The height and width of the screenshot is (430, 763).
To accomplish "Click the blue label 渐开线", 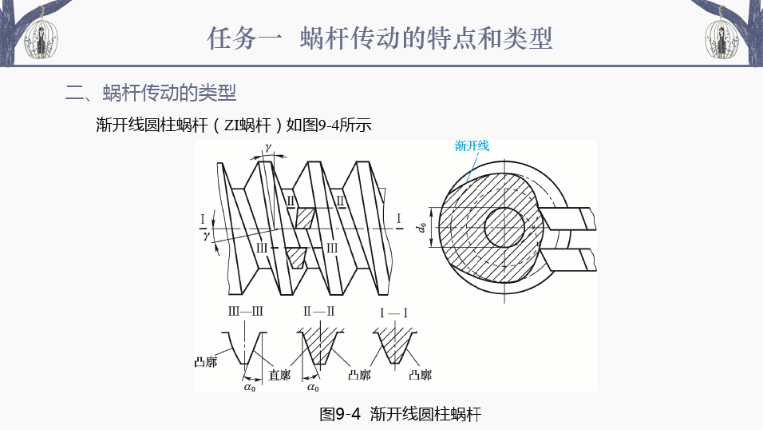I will [472, 145].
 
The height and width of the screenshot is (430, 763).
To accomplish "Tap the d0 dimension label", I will [421, 227].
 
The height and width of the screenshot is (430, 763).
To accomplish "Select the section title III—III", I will [246, 312].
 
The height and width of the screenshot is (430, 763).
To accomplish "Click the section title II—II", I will [318, 312].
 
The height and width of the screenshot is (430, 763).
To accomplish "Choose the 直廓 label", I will [279, 374].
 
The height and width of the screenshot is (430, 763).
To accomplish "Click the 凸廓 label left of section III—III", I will [206, 362].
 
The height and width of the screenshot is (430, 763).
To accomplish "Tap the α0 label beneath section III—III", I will [249, 388].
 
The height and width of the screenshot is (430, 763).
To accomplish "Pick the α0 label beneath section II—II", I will [312, 388].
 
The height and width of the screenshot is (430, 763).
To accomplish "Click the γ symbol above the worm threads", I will [269, 148].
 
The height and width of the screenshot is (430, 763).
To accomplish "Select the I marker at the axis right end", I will [398, 218].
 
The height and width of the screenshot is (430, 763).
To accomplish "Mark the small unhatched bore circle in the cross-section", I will [504, 227].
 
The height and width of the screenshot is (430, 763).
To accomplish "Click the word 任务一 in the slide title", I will [243, 38].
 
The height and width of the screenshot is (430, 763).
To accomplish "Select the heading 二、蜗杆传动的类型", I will [151, 94].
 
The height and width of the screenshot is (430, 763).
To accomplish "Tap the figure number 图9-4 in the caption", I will [340, 414].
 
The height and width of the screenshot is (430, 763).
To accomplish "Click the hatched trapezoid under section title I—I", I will [393, 346].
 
